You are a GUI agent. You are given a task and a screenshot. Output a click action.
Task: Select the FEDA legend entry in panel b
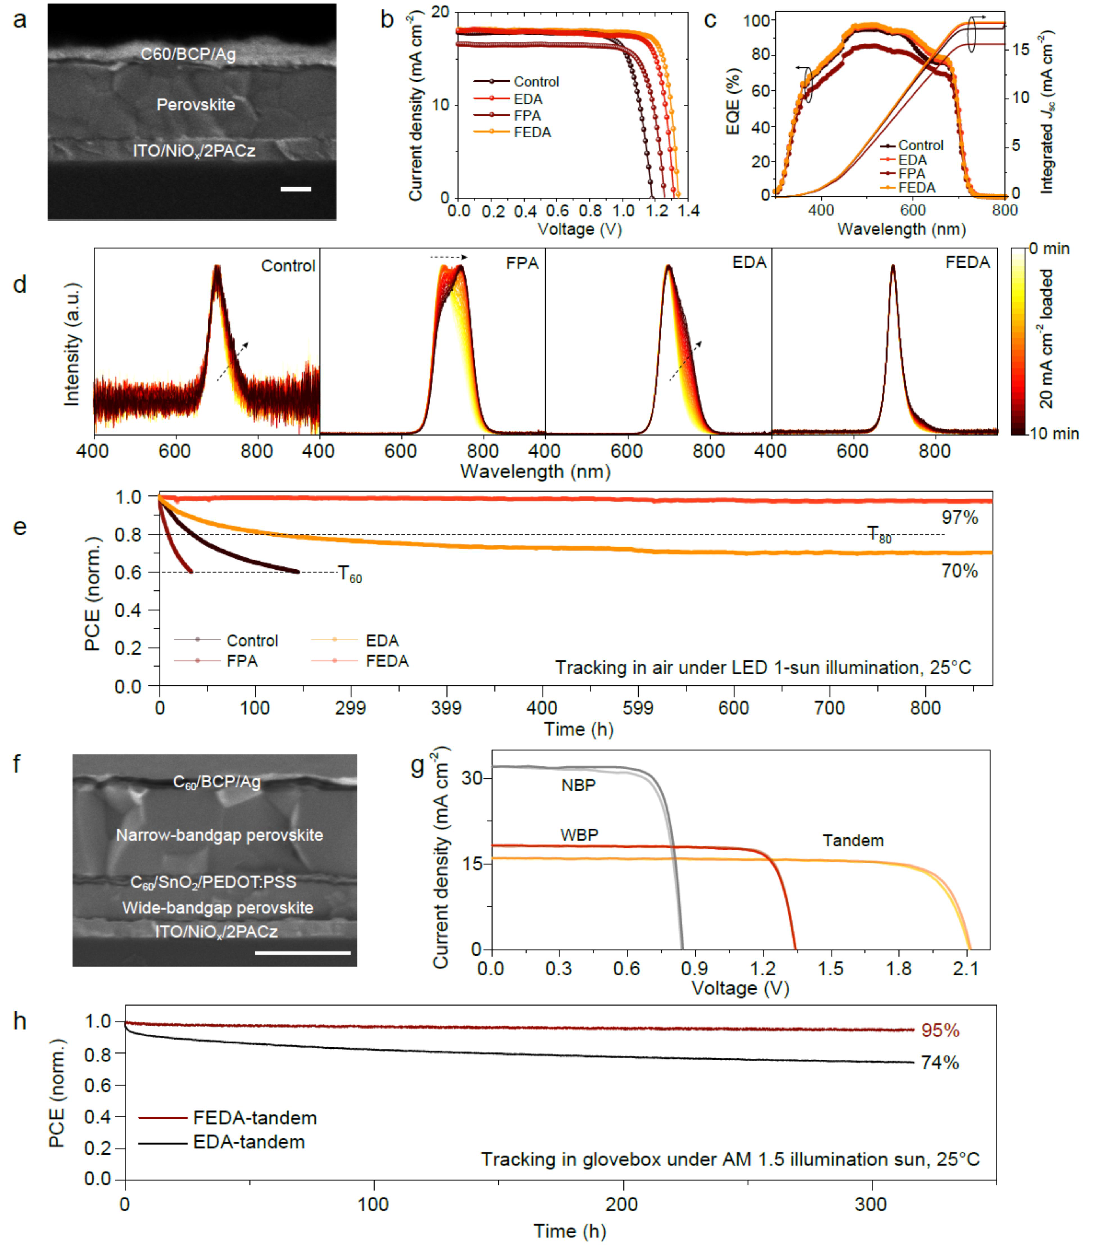[x=532, y=133]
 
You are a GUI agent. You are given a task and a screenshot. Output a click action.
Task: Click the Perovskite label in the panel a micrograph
[x=196, y=105]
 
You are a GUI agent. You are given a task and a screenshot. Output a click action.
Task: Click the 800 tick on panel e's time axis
[x=925, y=708]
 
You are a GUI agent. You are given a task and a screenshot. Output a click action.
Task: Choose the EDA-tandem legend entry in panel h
[x=248, y=1142]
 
